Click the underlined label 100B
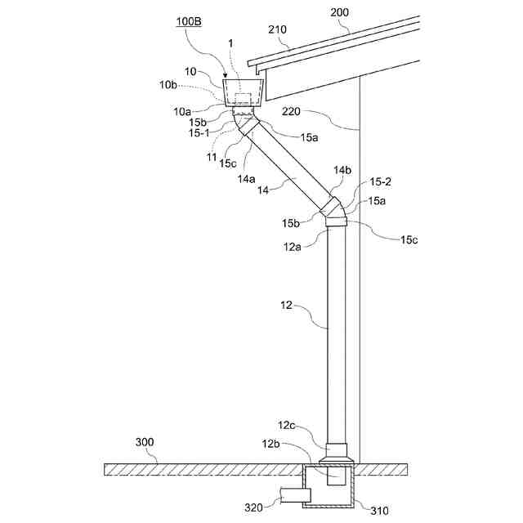189,22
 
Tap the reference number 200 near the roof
340,13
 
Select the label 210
278,29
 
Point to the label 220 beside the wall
291,111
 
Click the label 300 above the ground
145,442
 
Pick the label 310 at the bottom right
379,511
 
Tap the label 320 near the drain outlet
254,508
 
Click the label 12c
287,426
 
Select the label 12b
270,444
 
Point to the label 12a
293,247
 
